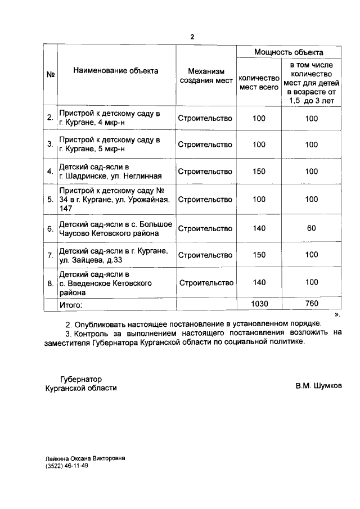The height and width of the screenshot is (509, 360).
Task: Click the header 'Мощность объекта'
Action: [289, 52]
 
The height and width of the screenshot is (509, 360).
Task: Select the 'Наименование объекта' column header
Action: [115, 71]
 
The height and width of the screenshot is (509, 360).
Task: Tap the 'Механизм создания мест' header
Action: [205, 76]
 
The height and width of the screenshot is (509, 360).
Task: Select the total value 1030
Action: [259, 304]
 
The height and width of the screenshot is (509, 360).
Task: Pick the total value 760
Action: [311, 304]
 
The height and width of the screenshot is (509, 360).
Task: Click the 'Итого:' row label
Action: [71, 304]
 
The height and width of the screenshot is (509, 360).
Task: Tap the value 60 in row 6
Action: [311, 228]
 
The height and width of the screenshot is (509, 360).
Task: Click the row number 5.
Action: [51, 200]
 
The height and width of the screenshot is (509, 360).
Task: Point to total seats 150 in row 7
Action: [259, 255]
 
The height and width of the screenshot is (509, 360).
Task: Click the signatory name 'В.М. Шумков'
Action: [318, 386]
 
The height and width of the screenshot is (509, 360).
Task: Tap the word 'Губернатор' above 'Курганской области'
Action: [81, 379]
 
